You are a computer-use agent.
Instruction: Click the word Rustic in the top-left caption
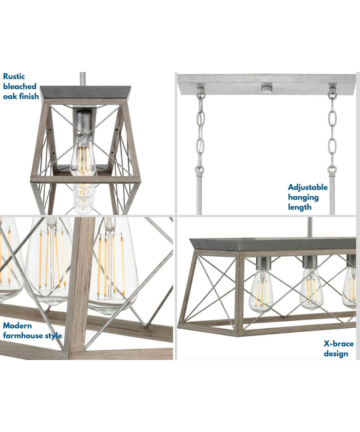(x=14, y=76)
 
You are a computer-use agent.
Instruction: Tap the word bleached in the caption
(x=20, y=86)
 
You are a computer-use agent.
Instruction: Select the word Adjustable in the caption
(x=308, y=187)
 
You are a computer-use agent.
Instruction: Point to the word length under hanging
(x=300, y=207)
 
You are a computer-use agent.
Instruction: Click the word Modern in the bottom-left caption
(x=17, y=326)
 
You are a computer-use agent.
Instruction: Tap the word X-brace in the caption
(x=338, y=343)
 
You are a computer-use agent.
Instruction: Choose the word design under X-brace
(x=336, y=354)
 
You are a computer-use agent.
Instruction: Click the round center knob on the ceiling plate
(x=267, y=87)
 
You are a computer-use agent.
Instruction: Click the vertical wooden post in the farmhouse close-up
(x=80, y=281)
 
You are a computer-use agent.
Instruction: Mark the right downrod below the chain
(x=332, y=194)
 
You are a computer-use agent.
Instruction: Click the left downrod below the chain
(x=199, y=194)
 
